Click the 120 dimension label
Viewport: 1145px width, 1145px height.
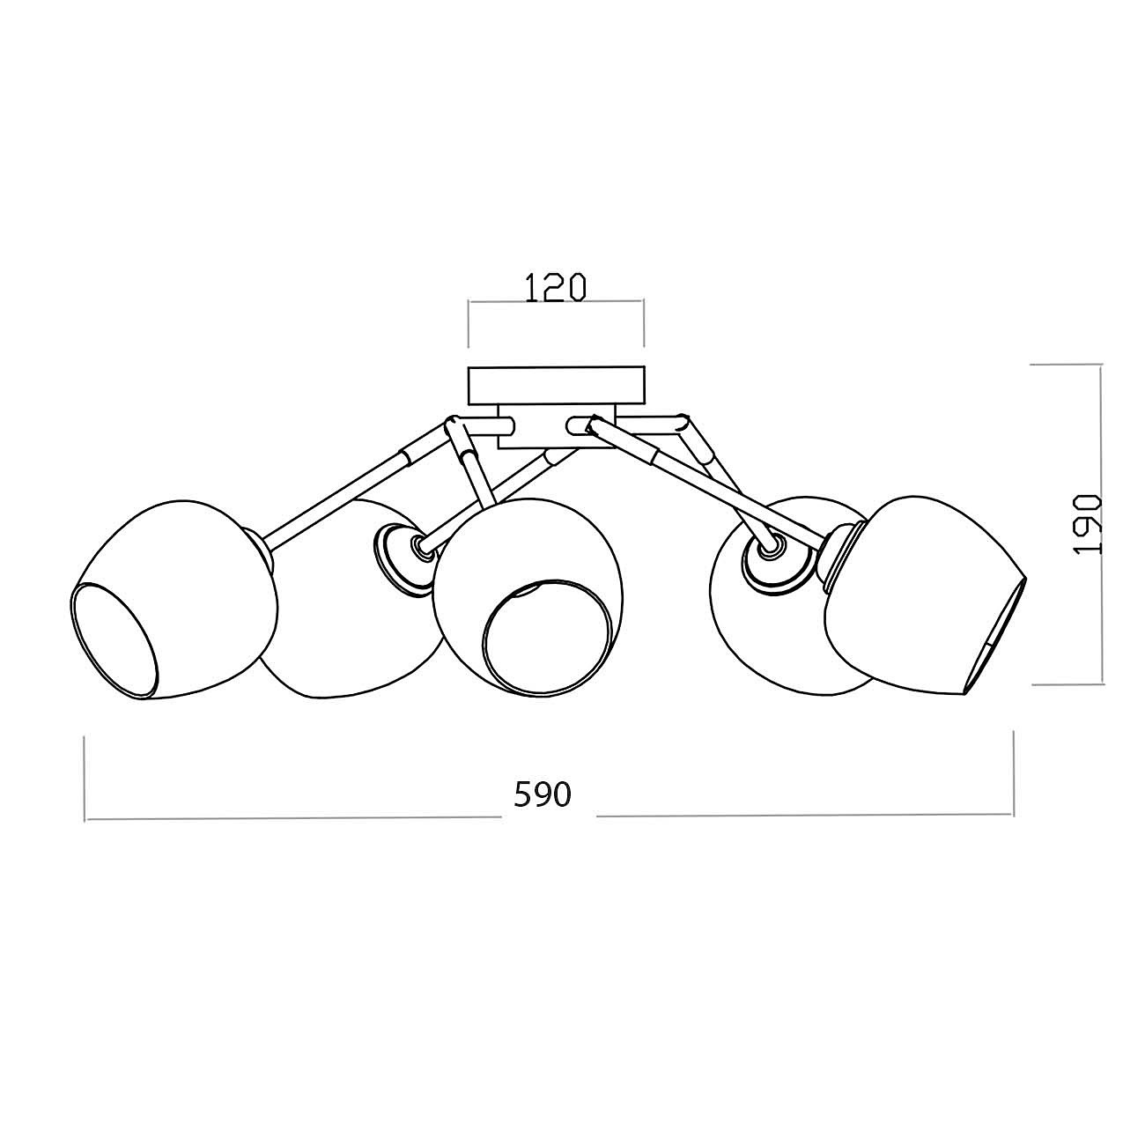[555, 287]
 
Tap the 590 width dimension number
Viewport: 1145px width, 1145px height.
[542, 794]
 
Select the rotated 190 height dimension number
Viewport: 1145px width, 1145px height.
[1088, 524]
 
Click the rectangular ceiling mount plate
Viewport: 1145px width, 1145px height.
[556, 385]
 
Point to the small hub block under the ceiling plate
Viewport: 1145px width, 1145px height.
[556, 426]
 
